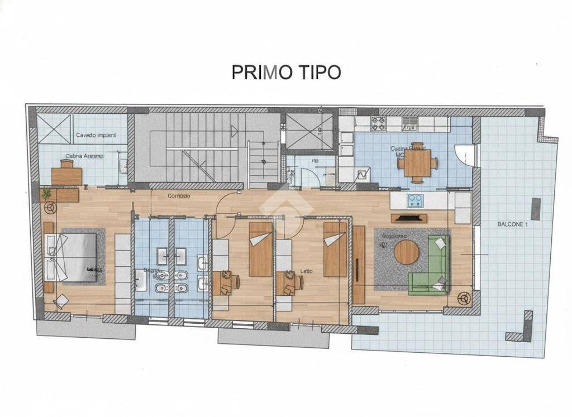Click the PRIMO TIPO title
[286, 72]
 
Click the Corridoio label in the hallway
[179, 196]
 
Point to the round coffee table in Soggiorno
[406, 252]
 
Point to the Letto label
[306, 271]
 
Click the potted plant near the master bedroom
[46, 194]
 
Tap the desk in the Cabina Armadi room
[66, 175]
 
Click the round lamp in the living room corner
[463, 298]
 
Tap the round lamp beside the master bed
[51, 207]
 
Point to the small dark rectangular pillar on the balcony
[535, 209]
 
